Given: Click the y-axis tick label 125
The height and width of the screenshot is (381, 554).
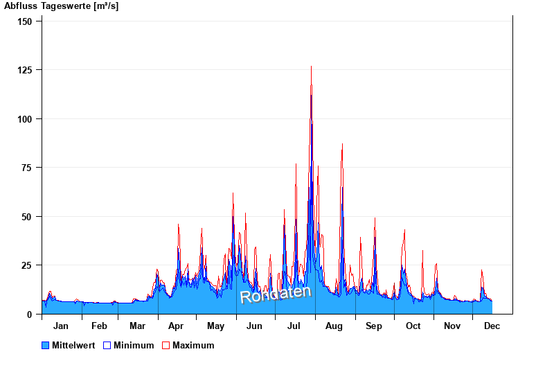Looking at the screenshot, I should [25, 70].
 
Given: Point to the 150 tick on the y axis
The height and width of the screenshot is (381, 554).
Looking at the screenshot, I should [25, 21].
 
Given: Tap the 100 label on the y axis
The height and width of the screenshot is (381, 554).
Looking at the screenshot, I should [25, 119].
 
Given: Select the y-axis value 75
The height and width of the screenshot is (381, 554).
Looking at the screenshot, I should [27, 168].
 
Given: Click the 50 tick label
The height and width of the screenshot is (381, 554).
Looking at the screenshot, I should [27, 217].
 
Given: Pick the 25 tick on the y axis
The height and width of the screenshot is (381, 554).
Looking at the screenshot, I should [27, 265].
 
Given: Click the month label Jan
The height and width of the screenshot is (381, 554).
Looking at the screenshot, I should [61, 326].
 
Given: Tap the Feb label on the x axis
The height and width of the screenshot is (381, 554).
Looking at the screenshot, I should [99, 326].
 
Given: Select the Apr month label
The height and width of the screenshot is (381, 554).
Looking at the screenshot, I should [177, 326].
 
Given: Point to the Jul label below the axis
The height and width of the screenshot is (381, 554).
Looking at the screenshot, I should [294, 326].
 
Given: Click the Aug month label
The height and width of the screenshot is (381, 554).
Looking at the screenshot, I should [334, 326].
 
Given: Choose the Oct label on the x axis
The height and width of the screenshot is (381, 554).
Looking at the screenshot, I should [413, 326].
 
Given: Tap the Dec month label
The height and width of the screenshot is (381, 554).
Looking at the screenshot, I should [492, 326].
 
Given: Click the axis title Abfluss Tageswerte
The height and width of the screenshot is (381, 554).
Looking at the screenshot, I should [61, 6].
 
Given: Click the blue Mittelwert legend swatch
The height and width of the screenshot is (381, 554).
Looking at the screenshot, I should [46, 345].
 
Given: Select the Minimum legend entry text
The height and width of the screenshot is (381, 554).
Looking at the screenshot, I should [134, 345].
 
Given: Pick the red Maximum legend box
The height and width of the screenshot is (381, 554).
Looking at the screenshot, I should [166, 345].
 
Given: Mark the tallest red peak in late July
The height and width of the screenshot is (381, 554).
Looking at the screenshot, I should [311, 67].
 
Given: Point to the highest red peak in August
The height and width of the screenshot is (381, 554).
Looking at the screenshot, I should [342, 145].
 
